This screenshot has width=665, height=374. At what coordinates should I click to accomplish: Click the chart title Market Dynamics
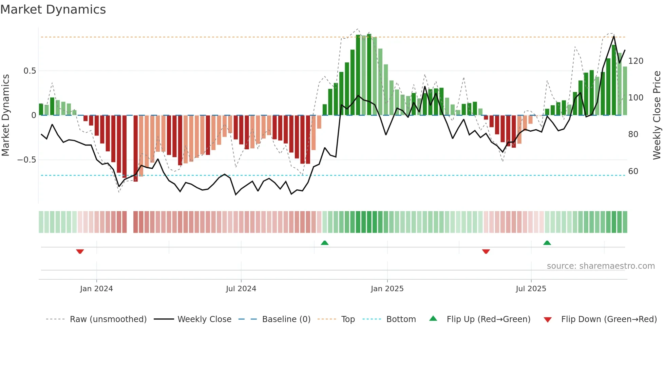(53, 10)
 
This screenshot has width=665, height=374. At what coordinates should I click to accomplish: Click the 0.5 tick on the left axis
(30, 71)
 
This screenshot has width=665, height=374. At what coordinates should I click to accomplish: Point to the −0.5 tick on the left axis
(27, 160)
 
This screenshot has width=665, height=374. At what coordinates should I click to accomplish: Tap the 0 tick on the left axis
(34, 115)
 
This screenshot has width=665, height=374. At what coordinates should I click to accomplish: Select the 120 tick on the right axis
(635, 61)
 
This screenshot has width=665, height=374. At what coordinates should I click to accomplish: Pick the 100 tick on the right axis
(635, 98)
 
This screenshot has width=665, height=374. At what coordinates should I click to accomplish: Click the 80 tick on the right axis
(633, 134)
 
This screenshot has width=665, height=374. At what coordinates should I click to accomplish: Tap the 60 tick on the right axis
(633, 171)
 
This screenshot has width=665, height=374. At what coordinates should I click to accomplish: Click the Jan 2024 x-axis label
(96, 289)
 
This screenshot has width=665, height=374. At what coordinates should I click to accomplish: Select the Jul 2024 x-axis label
(241, 289)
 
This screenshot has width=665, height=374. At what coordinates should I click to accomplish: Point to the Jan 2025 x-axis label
(387, 289)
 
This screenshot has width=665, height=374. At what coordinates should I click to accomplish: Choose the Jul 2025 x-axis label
(531, 289)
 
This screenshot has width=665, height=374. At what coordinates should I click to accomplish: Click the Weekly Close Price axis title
(657, 115)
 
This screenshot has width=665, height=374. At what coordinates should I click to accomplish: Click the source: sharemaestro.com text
(601, 266)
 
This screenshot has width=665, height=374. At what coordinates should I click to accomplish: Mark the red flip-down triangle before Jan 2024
(80, 251)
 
